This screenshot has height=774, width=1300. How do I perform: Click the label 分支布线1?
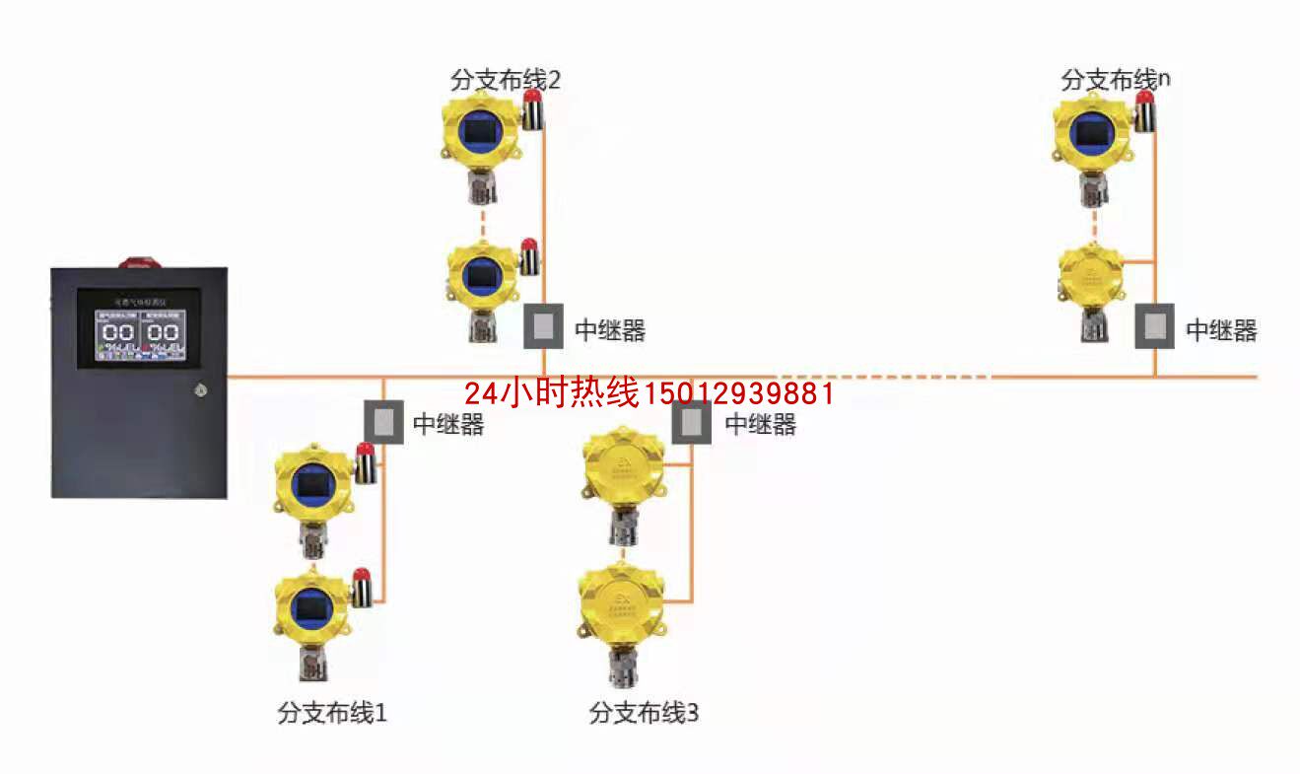[x=332, y=713]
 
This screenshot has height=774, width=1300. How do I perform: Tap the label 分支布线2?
[x=505, y=80]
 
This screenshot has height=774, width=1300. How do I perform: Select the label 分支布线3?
[x=644, y=713]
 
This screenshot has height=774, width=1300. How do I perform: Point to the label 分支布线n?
[x=1116, y=80]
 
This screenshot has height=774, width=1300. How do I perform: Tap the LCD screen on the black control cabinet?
[x=139, y=328]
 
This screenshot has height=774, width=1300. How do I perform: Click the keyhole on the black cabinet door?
[x=200, y=389]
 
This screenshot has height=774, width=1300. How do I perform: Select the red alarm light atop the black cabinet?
[x=138, y=262]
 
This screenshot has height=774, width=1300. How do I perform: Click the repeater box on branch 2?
[x=542, y=326]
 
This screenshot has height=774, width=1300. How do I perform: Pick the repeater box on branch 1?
[x=383, y=422]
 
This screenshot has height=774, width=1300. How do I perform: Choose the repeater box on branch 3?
[x=692, y=422]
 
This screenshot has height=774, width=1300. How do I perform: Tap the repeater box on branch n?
[x=1154, y=326]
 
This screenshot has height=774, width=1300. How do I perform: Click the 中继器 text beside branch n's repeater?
[x=1221, y=331]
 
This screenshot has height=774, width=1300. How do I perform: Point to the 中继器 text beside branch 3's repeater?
[x=760, y=425]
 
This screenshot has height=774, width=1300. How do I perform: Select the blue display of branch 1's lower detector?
[x=312, y=603]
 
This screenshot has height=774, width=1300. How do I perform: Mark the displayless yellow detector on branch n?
[x=1091, y=276]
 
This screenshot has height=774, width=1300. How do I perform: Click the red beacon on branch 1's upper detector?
[x=365, y=452]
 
